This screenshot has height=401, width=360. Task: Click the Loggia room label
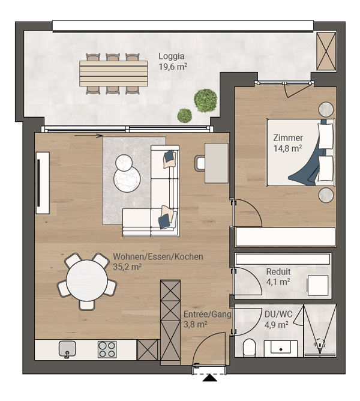[172, 56]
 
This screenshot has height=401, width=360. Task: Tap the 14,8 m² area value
[288, 148]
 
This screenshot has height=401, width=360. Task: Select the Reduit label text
[278, 271]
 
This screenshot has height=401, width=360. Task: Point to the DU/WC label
[278, 314]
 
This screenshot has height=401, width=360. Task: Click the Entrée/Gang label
[208, 314]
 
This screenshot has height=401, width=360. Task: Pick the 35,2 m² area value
[127, 267]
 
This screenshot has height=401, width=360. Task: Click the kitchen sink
[67, 349]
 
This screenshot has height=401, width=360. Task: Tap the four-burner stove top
[107, 349]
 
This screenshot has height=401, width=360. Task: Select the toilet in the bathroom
[249, 348]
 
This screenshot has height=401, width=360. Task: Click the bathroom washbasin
[280, 348]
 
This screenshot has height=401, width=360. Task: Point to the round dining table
[86, 280]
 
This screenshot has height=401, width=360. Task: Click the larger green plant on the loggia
[206, 100]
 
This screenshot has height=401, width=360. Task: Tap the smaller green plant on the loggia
[185, 116]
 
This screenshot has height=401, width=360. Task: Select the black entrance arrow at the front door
[210, 378]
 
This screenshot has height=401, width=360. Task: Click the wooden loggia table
[113, 73]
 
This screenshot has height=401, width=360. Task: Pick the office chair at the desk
[199, 163]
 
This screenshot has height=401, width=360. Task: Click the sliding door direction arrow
[89, 136]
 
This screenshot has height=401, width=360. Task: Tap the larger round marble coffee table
[127, 179]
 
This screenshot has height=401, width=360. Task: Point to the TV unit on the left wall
[43, 183]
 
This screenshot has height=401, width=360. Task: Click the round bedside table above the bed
[326, 109]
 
